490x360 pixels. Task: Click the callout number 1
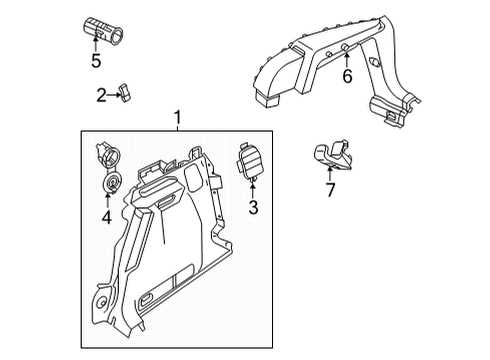(178, 118)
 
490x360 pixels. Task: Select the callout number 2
(101, 95)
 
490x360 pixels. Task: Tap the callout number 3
(253, 207)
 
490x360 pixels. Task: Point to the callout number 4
(107, 218)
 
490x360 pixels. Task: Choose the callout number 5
(96, 61)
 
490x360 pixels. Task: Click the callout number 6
(347, 76)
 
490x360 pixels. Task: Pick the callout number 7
(330, 190)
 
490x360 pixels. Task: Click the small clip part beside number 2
(125, 93)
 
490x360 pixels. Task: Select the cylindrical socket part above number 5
(103, 31)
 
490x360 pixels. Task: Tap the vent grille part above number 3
(251, 161)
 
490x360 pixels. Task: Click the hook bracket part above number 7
(333, 155)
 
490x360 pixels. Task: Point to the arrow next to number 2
(113, 95)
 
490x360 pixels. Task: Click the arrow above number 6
(347, 60)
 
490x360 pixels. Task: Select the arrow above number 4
(107, 201)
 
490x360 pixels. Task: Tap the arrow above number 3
(253, 189)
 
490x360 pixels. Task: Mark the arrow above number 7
(330, 174)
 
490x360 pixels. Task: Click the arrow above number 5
(96, 44)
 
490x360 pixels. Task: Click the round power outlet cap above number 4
(111, 183)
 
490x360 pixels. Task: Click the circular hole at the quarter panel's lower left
(101, 303)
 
